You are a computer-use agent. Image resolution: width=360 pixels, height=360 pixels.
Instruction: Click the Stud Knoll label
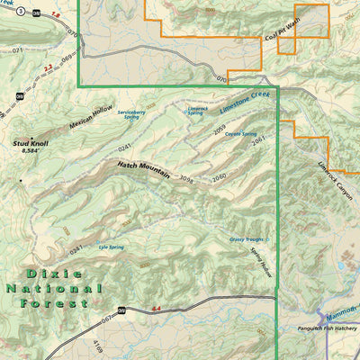pos(31,142)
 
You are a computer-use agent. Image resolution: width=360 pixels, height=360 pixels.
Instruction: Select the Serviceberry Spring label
pos(130,112)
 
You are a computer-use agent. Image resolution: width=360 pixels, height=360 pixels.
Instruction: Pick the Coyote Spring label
pos(241,133)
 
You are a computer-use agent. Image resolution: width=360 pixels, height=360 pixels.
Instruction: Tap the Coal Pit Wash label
pos(282,31)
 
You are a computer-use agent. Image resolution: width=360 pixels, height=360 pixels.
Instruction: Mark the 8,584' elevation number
pos(31,152)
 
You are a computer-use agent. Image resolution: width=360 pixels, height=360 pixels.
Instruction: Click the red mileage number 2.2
pos(48,67)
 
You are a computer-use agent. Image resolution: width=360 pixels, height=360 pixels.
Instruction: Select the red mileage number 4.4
pos(157,309)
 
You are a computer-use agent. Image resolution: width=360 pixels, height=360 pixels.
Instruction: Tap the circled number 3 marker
pos(20,10)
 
